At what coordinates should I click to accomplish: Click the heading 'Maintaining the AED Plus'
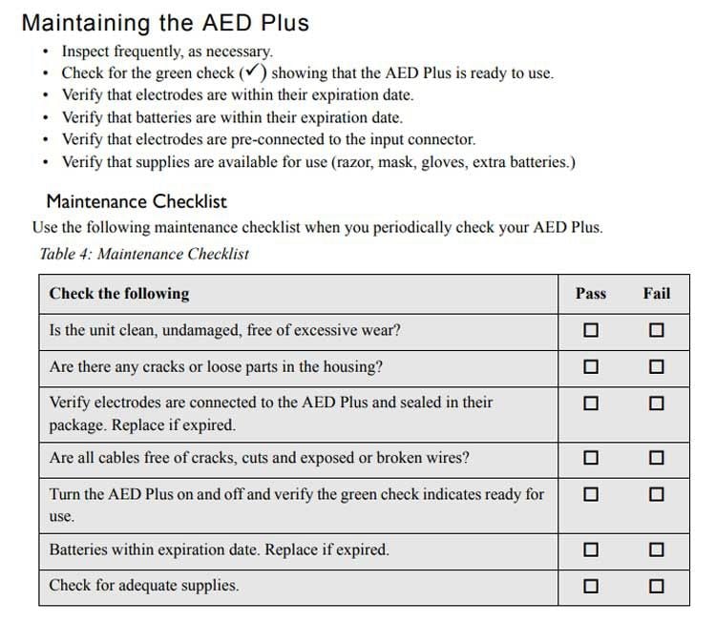(x=165, y=22)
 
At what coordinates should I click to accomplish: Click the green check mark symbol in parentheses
(x=253, y=73)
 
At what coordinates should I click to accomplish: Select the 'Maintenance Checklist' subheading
(x=137, y=201)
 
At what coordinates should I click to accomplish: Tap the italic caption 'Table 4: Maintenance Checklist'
(x=144, y=254)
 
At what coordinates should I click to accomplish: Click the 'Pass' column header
(x=591, y=293)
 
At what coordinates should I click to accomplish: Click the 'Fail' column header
(x=657, y=293)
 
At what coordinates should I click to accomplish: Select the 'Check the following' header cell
(x=119, y=293)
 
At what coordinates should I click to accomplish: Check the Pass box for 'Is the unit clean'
(x=591, y=331)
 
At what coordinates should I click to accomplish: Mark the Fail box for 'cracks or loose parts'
(x=656, y=367)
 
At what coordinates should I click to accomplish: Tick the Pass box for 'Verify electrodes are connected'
(x=591, y=404)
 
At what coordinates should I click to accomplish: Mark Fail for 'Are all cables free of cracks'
(x=656, y=458)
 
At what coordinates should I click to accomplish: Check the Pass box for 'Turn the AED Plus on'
(x=591, y=495)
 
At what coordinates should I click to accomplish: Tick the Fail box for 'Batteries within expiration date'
(x=656, y=550)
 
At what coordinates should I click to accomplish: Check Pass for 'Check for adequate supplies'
(x=591, y=585)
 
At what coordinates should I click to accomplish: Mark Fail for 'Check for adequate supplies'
(x=656, y=585)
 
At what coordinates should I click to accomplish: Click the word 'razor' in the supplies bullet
(x=354, y=162)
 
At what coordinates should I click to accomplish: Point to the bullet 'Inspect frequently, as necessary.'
(x=167, y=52)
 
